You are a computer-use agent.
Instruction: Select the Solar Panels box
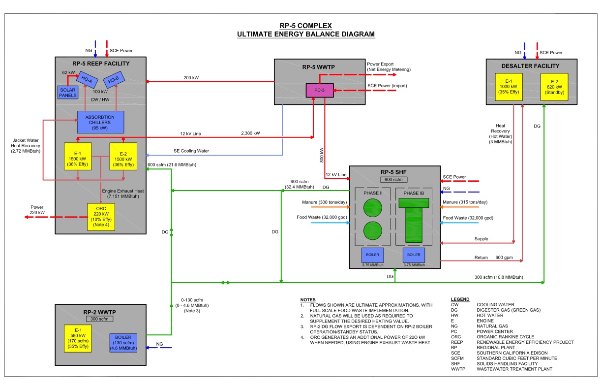(x=67, y=92)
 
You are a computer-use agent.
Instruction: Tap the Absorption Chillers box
(x=100, y=122)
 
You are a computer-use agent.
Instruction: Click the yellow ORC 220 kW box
(x=100, y=217)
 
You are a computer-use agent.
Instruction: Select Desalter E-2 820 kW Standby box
(x=554, y=87)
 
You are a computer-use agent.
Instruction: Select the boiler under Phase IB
(x=414, y=255)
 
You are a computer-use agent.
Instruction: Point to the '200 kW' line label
(x=191, y=78)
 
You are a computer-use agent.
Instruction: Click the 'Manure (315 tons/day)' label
(x=465, y=202)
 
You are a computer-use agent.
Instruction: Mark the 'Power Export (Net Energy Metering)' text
(x=389, y=67)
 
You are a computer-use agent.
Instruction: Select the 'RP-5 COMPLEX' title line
(x=305, y=26)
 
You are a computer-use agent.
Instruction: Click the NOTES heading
(x=308, y=300)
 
